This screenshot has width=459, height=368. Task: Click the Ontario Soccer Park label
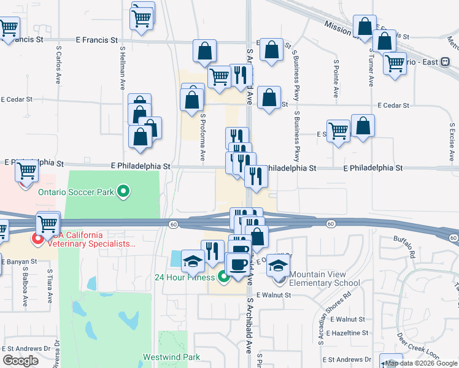[x=76, y=192]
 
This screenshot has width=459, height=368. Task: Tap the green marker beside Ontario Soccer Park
[x=124, y=192]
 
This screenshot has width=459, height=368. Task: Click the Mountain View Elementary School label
[x=325, y=278]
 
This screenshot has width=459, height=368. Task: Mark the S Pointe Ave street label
[x=336, y=79]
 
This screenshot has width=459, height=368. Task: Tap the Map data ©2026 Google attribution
[x=421, y=364]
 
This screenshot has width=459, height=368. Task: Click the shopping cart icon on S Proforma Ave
[x=219, y=77]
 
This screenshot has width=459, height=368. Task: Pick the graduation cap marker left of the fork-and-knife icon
[x=193, y=261]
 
